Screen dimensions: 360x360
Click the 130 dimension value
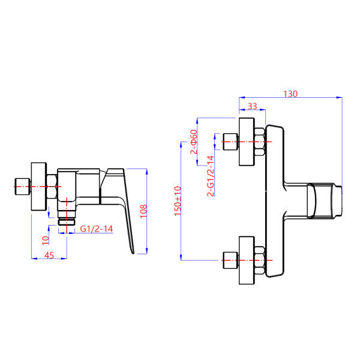tap(290, 94)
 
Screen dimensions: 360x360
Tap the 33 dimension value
tap(252, 106)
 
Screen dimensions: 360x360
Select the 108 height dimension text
tap(143, 211)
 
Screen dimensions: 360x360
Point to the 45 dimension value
tap(49, 255)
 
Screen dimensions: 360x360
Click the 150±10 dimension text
tap(178, 201)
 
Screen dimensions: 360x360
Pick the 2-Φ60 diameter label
tap(194, 142)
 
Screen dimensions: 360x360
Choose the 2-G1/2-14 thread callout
tap(211, 176)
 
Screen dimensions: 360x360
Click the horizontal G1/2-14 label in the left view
tap(97, 229)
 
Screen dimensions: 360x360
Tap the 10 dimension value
tap(46, 241)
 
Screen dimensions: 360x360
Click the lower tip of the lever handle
tap(133, 254)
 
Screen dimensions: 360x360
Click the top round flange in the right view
tap(247, 142)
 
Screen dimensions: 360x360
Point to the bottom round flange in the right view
tap(247, 260)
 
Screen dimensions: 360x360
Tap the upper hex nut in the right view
tap(260, 142)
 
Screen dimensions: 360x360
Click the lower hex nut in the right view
tap(260, 260)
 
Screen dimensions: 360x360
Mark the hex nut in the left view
tap(52, 187)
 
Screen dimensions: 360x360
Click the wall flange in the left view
tap(39, 187)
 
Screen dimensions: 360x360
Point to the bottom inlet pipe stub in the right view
tap(230, 260)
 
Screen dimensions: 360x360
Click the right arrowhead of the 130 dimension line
tap(340, 97)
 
